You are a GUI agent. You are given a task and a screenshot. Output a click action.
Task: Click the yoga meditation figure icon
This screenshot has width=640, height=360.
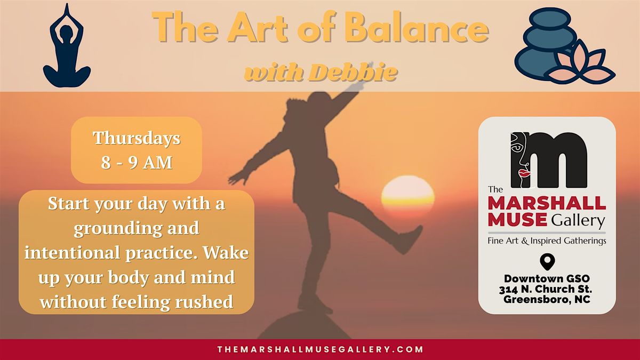click(67, 46)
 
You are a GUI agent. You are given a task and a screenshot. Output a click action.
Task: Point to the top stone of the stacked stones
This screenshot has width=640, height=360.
click(549, 18)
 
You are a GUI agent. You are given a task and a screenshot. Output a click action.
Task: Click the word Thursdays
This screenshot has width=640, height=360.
click(137, 138)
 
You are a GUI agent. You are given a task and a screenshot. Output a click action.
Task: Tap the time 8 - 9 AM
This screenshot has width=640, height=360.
click(137, 163)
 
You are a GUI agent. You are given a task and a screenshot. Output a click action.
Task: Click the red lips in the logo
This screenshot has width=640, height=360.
click(525, 173)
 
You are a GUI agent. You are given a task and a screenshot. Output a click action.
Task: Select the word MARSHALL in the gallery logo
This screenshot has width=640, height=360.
click(547, 203)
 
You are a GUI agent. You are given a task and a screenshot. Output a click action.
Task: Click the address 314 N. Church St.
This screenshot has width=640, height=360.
click(546, 289)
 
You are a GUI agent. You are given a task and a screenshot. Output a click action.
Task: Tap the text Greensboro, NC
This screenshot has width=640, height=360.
click(547, 300)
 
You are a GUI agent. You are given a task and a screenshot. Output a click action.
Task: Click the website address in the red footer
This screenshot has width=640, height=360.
click(320, 349)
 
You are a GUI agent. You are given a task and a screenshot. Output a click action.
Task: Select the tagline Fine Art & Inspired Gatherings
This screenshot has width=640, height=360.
click(547, 241)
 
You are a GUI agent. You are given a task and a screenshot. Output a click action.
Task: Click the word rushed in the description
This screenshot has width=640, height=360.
click(204, 301)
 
